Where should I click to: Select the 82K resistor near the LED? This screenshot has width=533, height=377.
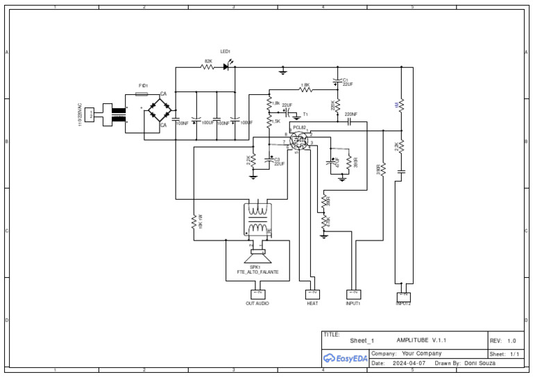pyautogui.click(x=207, y=67)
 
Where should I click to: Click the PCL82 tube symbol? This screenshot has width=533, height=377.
pyautogui.click(x=298, y=141)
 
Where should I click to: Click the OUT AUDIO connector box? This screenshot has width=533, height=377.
pyautogui.click(x=257, y=295)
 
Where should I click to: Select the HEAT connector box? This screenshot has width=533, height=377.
pyautogui.click(x=312, y=295)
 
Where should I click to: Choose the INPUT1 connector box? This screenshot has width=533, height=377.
pyautogui.click(x=354, y=295)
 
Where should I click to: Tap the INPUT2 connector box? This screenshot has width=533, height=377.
pyautogui.click(x=403, y=294)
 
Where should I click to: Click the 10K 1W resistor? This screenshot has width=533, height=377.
pyautogui.click(x=194, y=222)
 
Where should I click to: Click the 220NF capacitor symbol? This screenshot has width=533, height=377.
pyautogui.click(x=350, y=121)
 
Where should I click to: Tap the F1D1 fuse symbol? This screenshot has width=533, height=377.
pyautogui.click(x=143, y=93)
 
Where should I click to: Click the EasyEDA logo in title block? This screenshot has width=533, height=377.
pyautogui.click(x=345, y=358)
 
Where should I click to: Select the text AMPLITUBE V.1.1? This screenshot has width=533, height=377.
pyautogui.click(x=421, y=340)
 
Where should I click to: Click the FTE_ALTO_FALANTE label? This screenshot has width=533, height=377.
pyautogui.click(x=253, y=272)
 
